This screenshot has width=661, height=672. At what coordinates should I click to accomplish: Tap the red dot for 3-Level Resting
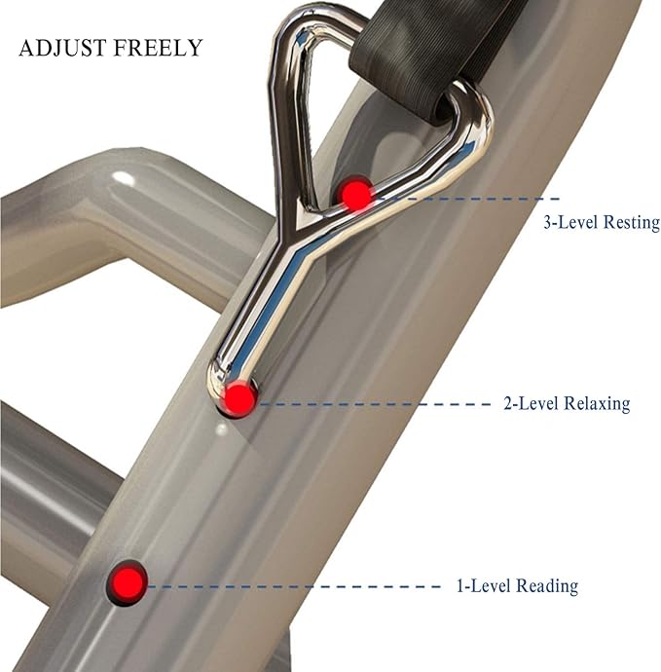point(355,195)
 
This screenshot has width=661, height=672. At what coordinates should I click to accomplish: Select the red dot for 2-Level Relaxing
point(239,398)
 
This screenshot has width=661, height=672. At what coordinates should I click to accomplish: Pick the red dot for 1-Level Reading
point(127,582)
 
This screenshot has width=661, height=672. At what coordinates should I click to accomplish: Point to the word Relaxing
point(597,404)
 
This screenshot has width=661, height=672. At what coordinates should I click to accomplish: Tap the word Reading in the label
point(548,586)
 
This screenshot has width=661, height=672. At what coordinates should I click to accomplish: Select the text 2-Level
point(532,404)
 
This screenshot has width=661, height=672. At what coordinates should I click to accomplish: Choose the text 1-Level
point(485,586)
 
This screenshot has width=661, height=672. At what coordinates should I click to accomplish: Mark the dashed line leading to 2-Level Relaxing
point(374,404)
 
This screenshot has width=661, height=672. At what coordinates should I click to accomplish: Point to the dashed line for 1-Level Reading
point(293,586)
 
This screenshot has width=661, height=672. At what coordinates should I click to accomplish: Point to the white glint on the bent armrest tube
point(122,178)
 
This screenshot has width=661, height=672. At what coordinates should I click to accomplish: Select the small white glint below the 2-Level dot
point(222,429)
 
